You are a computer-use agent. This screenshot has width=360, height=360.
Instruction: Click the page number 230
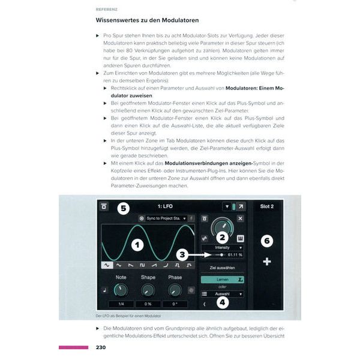point(103,347)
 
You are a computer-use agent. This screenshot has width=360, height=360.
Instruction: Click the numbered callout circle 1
point(137,244)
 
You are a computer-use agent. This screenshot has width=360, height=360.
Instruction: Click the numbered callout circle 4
point(223,302)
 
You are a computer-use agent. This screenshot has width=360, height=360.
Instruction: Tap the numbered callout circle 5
point(122,208)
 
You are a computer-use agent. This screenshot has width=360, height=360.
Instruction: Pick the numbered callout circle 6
point(267,240)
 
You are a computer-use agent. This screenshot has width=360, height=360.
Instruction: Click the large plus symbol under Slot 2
point(267,262)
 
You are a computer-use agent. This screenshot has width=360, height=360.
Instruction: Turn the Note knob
point(121,290)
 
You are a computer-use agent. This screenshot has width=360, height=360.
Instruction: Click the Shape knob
point(148,290)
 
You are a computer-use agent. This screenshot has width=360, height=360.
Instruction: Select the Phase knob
point(175,290)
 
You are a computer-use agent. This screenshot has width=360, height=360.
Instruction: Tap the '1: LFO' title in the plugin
point(166,206)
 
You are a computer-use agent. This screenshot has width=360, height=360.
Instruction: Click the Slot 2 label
point(267,206)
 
